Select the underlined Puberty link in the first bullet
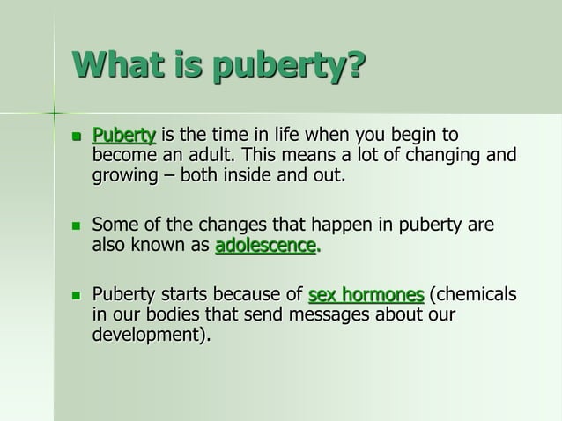tap(124, 136)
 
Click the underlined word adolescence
tap(265, 246)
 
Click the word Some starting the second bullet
tap(115, 225)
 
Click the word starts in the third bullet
tap(183, 294)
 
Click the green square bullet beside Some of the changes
tap(76, 226)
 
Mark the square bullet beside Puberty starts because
tap(76, 295)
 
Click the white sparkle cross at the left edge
tap(54, 114)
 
